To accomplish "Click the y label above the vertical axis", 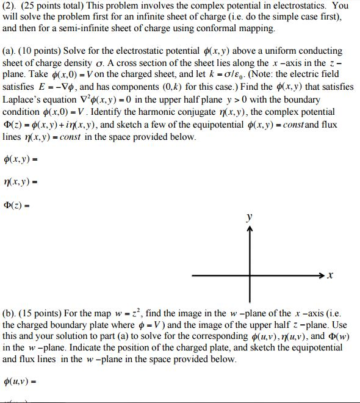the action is [248, 217].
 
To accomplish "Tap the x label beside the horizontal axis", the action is [331, 276].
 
